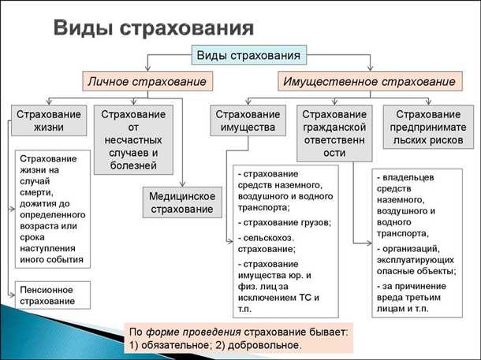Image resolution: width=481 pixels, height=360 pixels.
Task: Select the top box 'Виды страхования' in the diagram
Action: pos(248,55)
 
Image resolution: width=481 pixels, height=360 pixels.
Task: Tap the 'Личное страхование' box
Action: pos(147,81)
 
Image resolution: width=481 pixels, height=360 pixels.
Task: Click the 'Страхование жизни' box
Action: pos(48,121)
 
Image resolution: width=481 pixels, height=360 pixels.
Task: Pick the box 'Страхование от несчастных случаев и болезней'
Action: pos(133,139)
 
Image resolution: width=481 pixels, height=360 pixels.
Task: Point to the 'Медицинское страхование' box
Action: pos(182,202)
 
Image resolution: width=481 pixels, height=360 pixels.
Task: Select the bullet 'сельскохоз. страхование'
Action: pos(268,242)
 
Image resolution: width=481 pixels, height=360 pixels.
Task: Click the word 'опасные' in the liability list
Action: pos(397,270)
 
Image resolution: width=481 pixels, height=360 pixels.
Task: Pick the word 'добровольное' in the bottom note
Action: pos(263,344)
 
